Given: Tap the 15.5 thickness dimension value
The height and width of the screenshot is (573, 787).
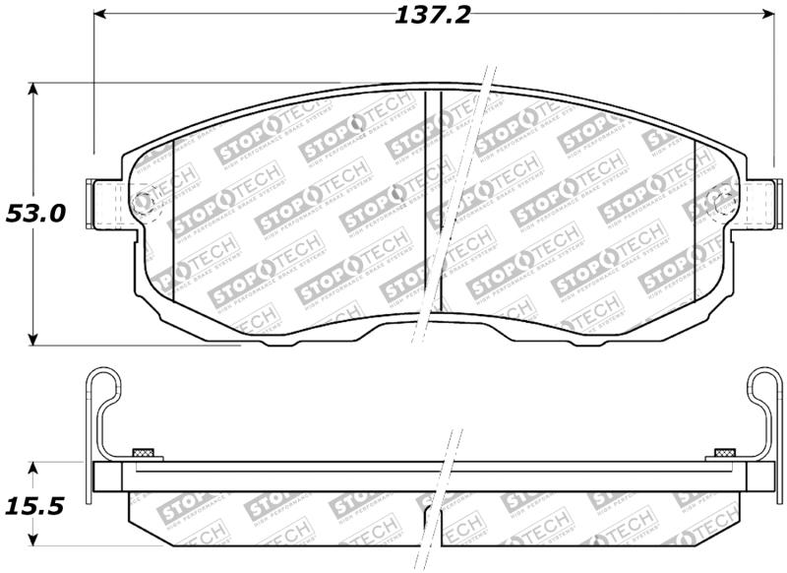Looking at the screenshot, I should [34, 507].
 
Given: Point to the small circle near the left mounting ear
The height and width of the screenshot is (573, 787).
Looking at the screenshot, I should [143, 204].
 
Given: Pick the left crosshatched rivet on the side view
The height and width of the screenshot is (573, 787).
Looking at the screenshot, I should [143, 453].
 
